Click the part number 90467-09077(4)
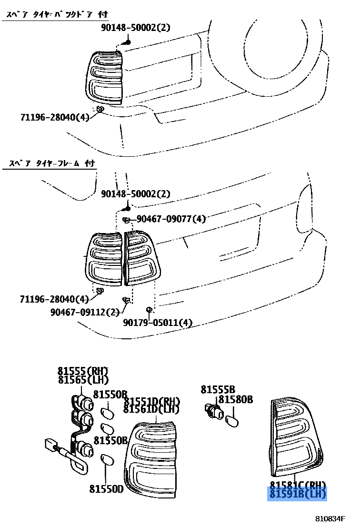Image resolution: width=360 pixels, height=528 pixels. click(x=171, y=219)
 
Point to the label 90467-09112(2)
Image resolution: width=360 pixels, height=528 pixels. click(x=85, y=312)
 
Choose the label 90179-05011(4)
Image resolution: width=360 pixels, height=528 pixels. click(x=158, y=323)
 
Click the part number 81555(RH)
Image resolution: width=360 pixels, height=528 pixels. click(x=83, y=371)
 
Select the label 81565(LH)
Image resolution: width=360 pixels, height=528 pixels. click(x=83, y=380)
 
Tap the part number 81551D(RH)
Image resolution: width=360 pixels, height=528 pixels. click(x=151, y=400)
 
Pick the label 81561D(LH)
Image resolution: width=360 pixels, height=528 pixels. click(x=151, y=409)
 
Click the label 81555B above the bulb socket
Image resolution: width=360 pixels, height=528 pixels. click(x=218, y=390)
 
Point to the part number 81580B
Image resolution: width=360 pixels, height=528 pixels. click(x=236, y=399)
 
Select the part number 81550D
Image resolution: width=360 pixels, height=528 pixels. click(x=106, y=488)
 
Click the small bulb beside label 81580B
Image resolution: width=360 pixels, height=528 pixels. click(x=232, y=420)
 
